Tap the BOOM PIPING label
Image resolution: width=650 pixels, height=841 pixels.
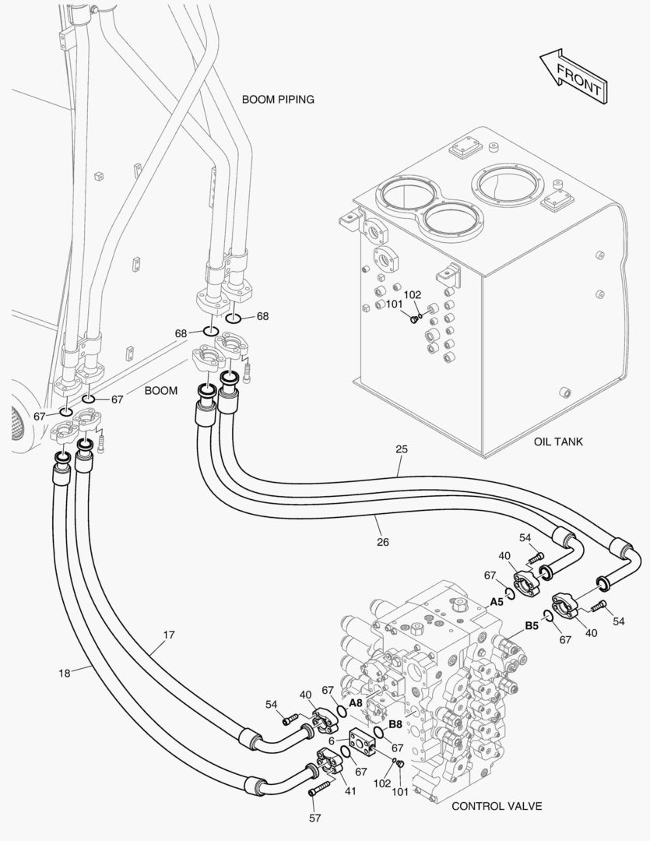[x=278, y=99]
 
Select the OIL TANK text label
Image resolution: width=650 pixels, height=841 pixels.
[x=558, y=442]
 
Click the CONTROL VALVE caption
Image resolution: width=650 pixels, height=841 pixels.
[x=496, y=806]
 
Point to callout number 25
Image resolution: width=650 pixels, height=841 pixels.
[x=401, y=449]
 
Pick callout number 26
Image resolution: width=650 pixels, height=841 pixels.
[x=382, y=541]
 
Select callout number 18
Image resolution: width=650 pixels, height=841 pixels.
[x=65, y=671]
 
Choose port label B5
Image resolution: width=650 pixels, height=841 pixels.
[x=532, y=625]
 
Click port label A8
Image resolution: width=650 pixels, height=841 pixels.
[x=355, y=702]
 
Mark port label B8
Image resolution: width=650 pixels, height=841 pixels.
[x=395, y=723]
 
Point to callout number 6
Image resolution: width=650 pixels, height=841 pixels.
[x=332, y=741]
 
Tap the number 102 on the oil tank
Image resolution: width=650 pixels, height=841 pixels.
[x=413, y=294]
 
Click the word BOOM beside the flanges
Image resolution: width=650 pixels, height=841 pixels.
[x=162, y=390]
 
